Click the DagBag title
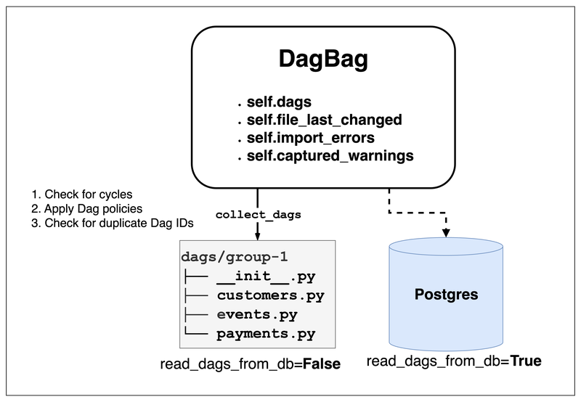tap(323, 60)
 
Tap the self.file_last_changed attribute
tap(324, 120)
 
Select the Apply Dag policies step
tap(85, 209)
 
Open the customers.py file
tap(270, 296)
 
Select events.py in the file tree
tap(257, 316)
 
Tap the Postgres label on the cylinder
tap(445, 295)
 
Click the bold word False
tap(322, 363)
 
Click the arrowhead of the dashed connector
tap(445, 232)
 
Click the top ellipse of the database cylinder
tap(445, 249)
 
